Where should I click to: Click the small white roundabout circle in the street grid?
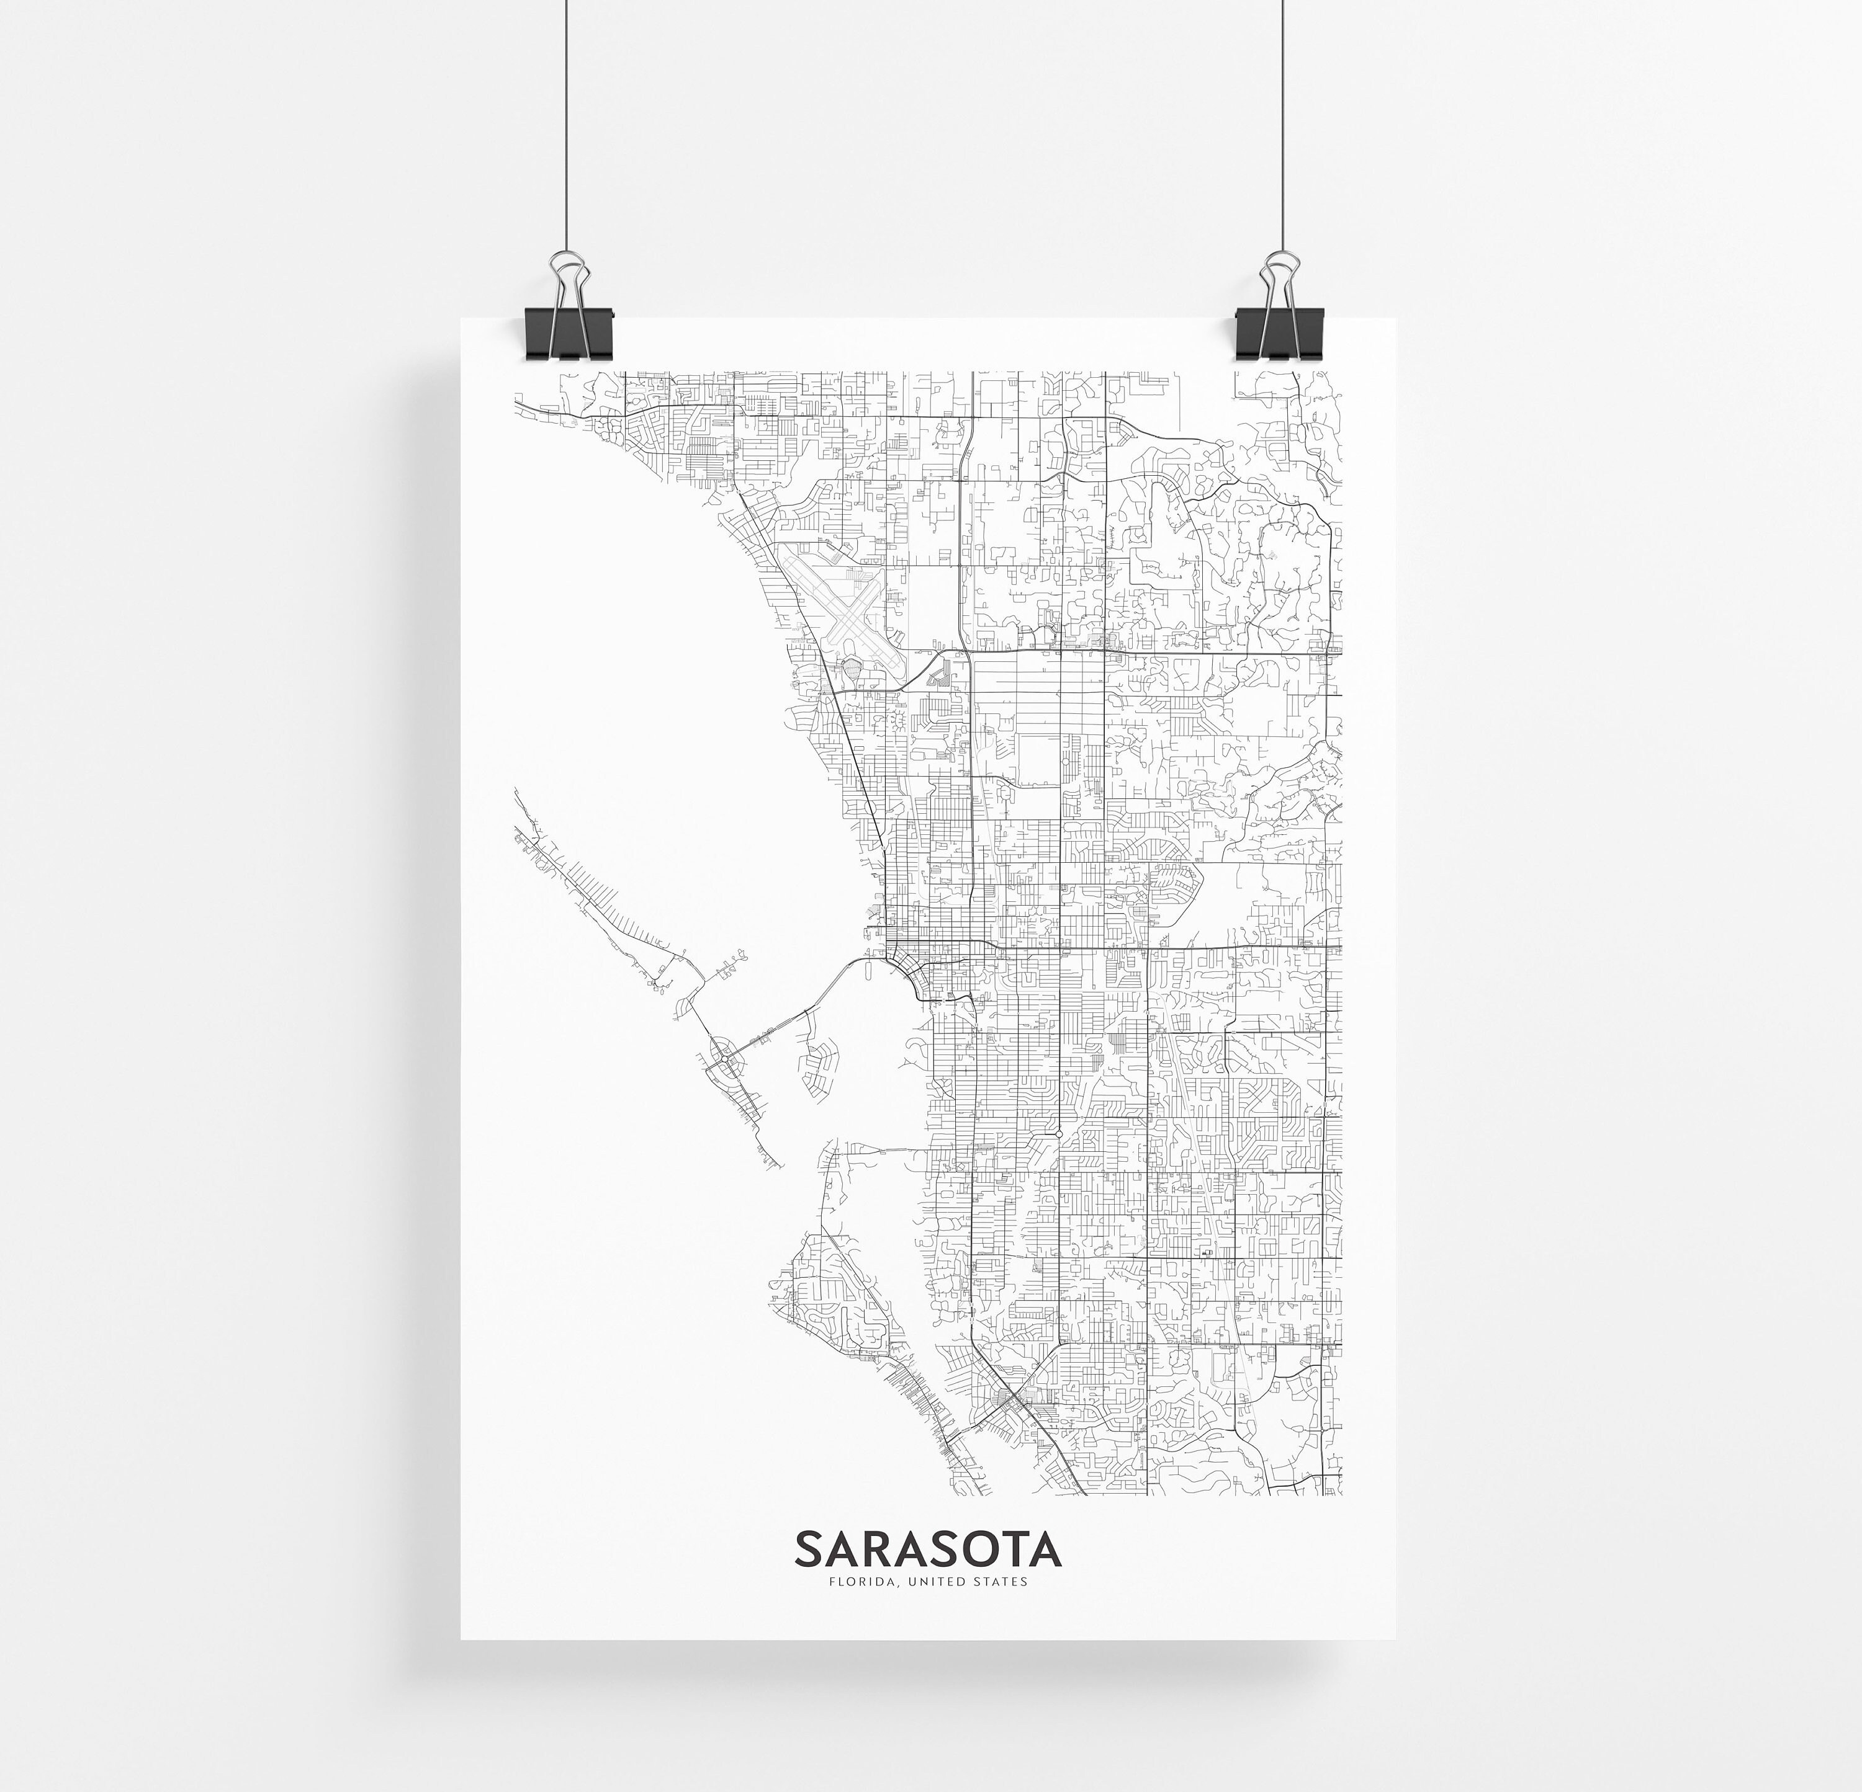[1058, 1133]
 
